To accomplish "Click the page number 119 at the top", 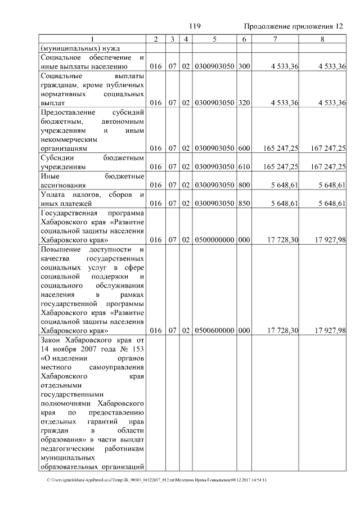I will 195,26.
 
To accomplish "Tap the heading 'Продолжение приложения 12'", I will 292,26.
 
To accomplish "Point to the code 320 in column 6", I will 244,103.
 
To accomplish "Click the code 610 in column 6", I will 244,167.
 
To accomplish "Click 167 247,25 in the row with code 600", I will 327,148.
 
